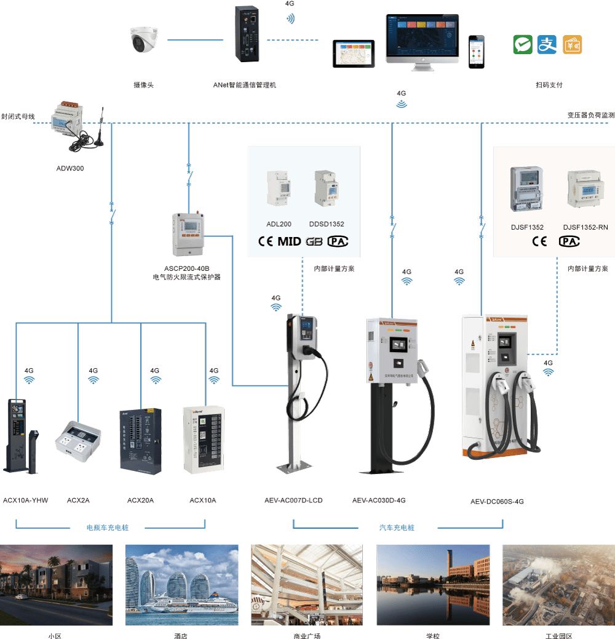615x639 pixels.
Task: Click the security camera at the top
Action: click(145, 40)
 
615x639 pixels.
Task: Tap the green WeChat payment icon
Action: click(523, 44)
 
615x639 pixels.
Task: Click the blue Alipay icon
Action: click(547, 44)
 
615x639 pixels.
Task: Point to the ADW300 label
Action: click(70, 167)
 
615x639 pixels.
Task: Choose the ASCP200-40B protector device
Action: click(187, 234)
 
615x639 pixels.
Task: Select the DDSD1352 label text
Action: click(327, 224)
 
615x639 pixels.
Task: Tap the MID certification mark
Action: click(289, 241)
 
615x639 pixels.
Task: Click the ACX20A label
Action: click(140, 500)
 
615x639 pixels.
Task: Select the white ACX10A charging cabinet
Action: click(204, 439)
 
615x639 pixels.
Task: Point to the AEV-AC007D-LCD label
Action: click(293, 500)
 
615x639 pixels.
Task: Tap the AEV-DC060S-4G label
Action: click(497, 502)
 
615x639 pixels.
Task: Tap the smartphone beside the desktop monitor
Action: click(475, 52)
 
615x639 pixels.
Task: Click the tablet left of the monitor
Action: click(354, 54)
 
